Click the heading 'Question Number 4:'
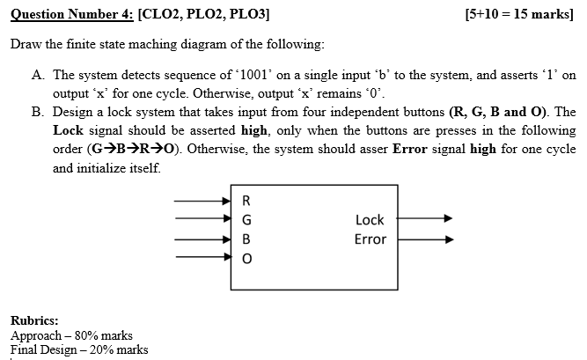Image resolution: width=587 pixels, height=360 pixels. pyautogui.click(x=68, y=13)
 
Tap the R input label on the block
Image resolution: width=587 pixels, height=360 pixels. pyautogui.click(x=246, y=199)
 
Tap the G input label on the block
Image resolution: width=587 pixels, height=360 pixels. pyautogui.click(x=246, y=218)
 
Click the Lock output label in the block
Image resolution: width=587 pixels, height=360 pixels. pyautogui.click(x=370, y=219)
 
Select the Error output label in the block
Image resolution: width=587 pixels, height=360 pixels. pyautogui.click(x=370, y=239)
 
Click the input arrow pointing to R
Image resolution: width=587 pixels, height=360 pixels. pyautogui.click(x=202, y=200)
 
